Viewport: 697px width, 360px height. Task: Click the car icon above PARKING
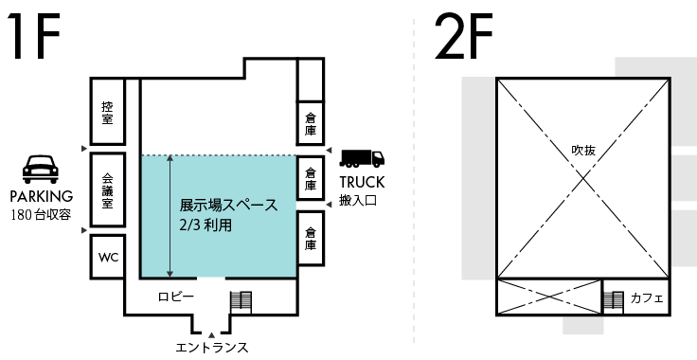tap(41, 169)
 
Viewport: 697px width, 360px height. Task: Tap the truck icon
tap(362, 158)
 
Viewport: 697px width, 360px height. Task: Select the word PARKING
tap(42, 196)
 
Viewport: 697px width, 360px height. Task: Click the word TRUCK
tap(362, 182)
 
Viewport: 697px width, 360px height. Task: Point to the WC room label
tap(109, 258)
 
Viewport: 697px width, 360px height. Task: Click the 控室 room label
tap(107, 113)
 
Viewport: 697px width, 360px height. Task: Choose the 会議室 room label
tap(108, 191)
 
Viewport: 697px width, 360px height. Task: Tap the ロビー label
tap(176, 297)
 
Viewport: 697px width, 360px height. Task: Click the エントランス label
tap(211, 348)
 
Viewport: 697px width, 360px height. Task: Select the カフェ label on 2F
tap(647, 297)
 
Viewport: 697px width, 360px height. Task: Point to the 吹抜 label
tap(583, 151)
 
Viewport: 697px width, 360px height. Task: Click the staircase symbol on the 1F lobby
tap(241, 302)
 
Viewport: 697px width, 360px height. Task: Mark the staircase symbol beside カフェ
tap(614, 302)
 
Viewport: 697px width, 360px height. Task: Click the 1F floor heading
tap(33, 36)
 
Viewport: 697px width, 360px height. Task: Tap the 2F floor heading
tap(464, 36)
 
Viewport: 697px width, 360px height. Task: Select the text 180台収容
tap(41, 215)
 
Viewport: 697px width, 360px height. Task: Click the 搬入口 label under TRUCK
tap(358, 201)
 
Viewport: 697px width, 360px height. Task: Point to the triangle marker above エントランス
tap(211, 335)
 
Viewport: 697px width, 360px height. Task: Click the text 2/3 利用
tap(206, 225)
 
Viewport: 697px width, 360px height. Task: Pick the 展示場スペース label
tap(228, 205)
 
